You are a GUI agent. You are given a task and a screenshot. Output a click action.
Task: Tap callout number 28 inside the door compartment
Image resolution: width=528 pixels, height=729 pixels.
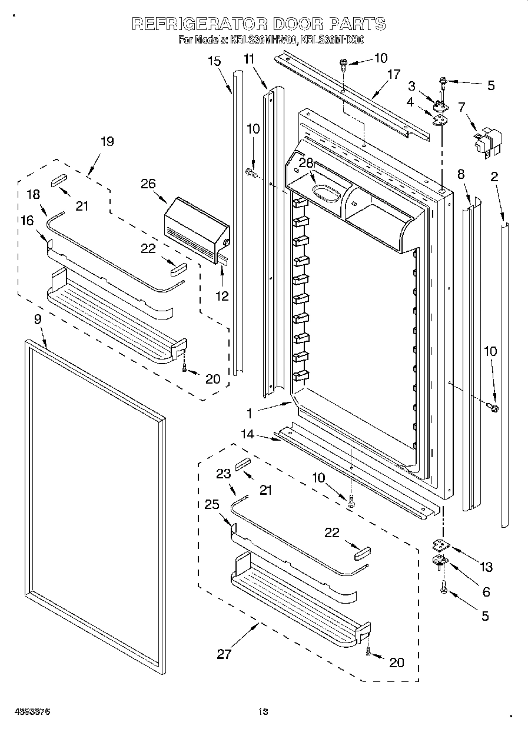point(305,163)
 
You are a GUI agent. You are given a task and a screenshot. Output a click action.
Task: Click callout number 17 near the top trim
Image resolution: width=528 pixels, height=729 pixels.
point(393,74)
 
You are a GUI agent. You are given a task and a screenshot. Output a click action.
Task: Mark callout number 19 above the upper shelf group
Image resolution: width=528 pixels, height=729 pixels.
point(107,141)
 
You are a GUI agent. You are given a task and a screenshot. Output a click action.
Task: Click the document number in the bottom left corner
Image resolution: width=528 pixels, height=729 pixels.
point(32,711)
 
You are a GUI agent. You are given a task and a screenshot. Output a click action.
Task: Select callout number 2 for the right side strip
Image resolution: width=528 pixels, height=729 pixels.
point(494,176)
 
